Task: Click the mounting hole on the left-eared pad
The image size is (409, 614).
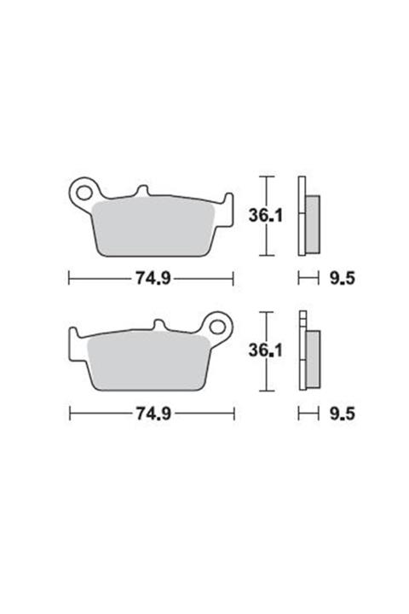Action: coord(84,189)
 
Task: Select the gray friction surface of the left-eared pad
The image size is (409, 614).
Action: coord(153,226)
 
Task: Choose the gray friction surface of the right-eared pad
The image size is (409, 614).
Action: coord(149,361)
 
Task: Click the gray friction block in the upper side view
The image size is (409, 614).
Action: coord(312,223)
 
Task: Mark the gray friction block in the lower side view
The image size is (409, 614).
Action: coord(311,359)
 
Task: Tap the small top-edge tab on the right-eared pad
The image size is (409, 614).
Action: coord(158,325)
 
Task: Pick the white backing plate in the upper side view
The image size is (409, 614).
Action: coord(302,217)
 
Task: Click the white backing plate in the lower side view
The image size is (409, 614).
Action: coord(302,351)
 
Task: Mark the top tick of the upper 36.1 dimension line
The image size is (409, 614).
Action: coord(268,177)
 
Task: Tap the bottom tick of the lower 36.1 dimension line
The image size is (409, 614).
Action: coord(268,391)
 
